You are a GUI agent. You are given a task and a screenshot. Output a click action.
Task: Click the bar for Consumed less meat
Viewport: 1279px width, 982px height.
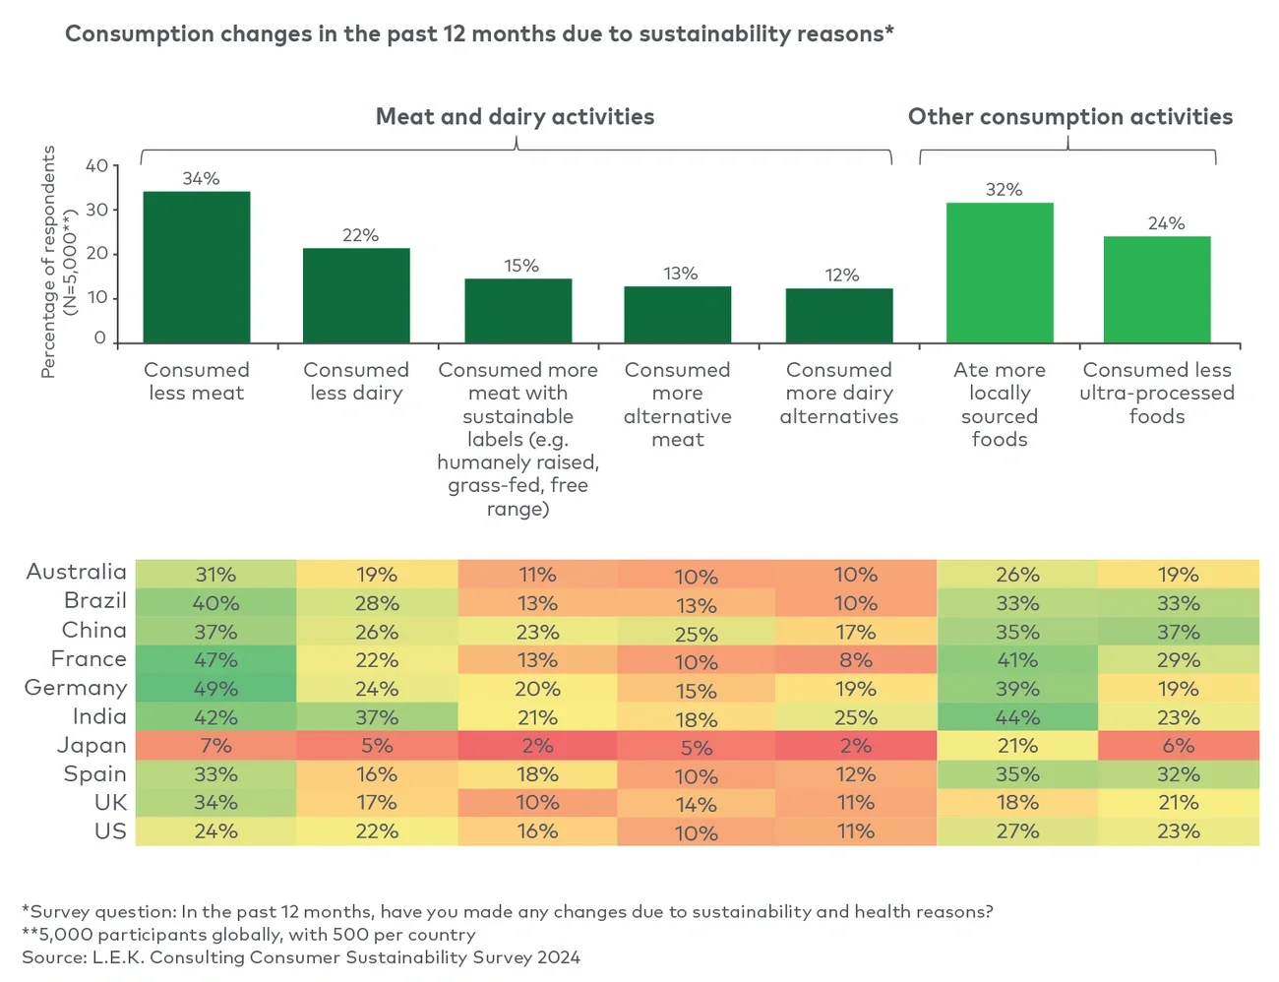(197, 267)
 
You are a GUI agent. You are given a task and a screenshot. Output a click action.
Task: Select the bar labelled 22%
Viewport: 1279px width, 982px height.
(356, 295)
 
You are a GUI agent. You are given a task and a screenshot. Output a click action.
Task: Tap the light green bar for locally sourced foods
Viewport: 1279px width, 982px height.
(1000, 273)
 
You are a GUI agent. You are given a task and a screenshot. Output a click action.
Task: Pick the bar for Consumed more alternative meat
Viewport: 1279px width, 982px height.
(678, 314)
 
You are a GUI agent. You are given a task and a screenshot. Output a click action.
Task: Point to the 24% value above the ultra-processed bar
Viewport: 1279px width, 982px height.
(1166, 223)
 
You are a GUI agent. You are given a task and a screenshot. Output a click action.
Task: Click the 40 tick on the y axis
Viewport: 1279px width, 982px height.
(96, 166)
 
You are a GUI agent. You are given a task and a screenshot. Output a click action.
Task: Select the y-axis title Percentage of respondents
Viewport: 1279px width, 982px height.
(48, 262)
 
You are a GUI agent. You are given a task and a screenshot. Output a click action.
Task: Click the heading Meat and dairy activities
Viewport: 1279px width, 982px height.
(515, 117)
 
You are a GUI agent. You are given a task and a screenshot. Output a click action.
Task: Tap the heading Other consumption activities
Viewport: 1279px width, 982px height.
(1069, 117)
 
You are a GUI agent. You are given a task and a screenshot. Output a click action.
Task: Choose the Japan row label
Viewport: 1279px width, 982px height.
(91, 746)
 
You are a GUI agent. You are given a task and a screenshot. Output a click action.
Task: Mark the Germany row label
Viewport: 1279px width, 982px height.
(76, 688)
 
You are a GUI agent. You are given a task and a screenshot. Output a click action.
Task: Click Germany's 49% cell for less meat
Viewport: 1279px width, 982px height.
(215, 689)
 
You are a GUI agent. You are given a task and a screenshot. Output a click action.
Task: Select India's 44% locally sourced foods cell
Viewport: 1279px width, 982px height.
(1017, 717)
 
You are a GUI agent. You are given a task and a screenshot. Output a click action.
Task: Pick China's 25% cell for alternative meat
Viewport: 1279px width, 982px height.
(696, 634)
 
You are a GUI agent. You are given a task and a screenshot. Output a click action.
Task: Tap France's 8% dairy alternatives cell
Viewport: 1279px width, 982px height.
(856, 660)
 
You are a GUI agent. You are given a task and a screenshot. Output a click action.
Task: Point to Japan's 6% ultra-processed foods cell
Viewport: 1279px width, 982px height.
(1178, 746)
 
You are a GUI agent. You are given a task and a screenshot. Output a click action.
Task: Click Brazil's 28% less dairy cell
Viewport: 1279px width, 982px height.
(377, 603)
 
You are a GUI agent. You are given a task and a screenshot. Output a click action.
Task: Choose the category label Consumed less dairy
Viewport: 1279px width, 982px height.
(356, 382)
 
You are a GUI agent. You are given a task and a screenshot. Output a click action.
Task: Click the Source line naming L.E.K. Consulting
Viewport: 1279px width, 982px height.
(301, 957)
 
